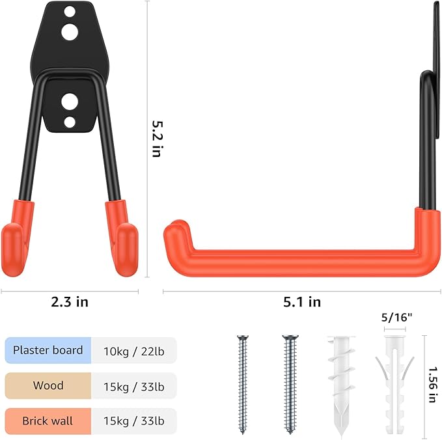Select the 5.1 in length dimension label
(301, 301)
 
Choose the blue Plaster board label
(48, 350)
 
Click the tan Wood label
(48, 385)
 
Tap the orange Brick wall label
(48, 420)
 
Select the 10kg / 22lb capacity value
(134, 351)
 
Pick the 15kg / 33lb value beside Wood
(134, 386)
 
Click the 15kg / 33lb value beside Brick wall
(134, 421)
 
